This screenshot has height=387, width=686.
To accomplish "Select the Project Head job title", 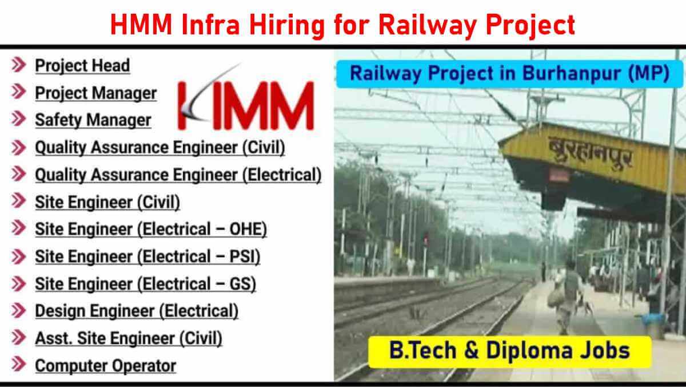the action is [x=82, y=66].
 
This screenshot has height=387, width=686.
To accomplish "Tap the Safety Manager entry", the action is [x=93, y=120].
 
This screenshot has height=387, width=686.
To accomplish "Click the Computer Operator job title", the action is [x=106, y=366].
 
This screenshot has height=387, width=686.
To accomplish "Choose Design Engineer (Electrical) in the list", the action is [x=137, y=311].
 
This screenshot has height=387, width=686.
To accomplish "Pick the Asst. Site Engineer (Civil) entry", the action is [x=129, y=338].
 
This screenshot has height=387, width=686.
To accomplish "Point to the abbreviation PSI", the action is [x=241, y=256].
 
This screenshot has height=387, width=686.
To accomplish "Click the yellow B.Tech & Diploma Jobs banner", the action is [x=509, y=352].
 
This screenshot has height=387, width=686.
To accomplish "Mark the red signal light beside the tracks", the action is [x=426, y=239].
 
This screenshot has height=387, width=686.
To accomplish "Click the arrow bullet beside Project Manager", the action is [x=19, y=92].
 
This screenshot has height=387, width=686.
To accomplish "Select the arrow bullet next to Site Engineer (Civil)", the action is [x=19, y=201].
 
